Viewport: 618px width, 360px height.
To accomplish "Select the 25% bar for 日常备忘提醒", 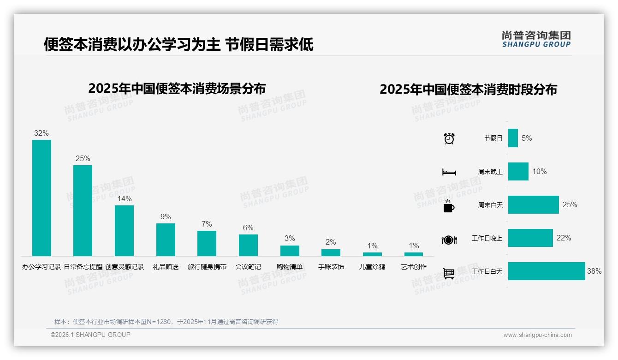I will click(83, 210).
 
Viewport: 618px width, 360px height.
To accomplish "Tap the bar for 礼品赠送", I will click(166, 240).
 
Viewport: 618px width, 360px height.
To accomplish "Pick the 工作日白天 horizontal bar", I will click(547, 271).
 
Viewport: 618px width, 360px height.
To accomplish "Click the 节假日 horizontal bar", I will click(513, 138).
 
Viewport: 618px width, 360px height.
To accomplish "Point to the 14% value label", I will click(124, 199).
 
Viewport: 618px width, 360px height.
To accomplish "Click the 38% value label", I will click(594, 271).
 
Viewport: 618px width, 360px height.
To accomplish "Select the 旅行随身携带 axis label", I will click(207, 267).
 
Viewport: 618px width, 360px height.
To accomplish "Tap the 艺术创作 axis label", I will click(414, 267).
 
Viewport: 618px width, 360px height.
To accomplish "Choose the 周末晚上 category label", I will click(490, 172).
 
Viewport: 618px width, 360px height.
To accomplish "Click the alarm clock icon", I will click(449, 138).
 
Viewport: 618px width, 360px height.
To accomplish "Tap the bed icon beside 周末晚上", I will click(449, 172).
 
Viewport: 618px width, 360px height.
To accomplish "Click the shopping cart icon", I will click(449, 273).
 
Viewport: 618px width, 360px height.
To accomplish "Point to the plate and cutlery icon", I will click(449, 240).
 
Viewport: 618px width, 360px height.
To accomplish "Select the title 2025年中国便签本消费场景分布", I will click(177, 89).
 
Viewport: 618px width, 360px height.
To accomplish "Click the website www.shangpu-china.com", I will click(537, 335).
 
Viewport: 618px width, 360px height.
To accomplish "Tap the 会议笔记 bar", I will click(248, 245).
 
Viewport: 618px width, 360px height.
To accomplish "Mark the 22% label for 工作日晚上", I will click(564, 238).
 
